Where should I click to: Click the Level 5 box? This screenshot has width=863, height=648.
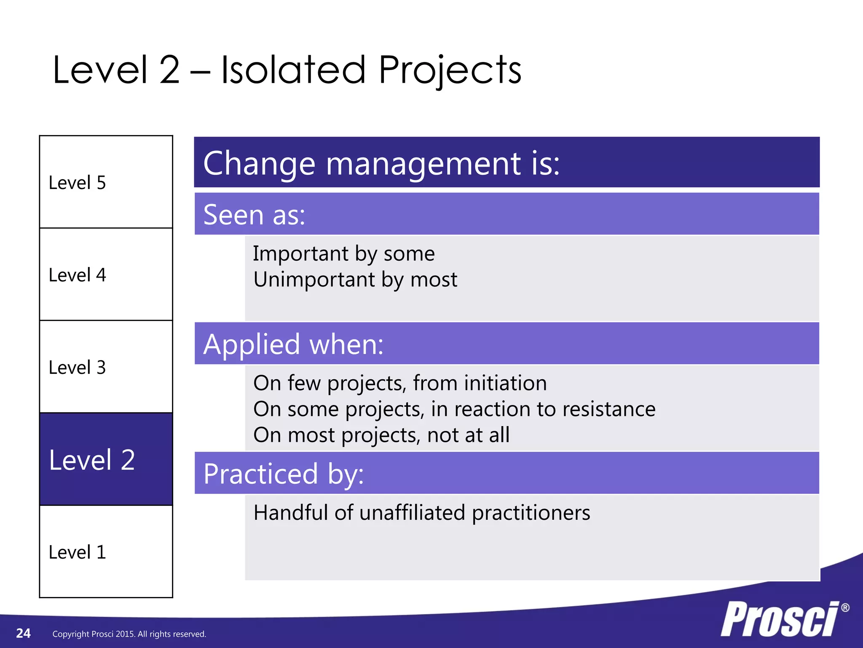pyautogui.click(x=106, y=182)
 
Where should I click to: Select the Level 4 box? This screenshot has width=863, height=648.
pyautogui.click(x=106, y=274)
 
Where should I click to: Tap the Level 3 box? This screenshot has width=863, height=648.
pyautogui.click(x=106, y=367)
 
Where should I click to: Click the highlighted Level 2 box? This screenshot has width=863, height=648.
pyautogui.click(x=106, y=459)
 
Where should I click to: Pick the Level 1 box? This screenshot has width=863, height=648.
pyautogui.click(x=106, y=551)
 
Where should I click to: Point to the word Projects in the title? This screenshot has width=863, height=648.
pyautogui.click(x=450, y=71)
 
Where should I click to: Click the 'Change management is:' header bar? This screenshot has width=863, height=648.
pyautogui.click(x=507, y=162)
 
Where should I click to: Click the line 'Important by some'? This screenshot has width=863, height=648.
pyautogui.click(x=343, y=254)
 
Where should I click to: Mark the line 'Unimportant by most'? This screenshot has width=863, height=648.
pyautogui.click(x=355, y=280)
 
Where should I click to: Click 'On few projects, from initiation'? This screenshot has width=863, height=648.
pyautogui.click(x=399, y=383)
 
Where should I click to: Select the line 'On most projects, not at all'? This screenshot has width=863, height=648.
pyautogui.click(x=381, y=435)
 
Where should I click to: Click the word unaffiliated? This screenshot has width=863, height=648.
pyautogui.click(x=412, y=513)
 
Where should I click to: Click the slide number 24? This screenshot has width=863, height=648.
pyautogui.click(x=23, y=633)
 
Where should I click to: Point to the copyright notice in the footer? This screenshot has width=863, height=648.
pyautogui.click(x=129, y=634)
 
